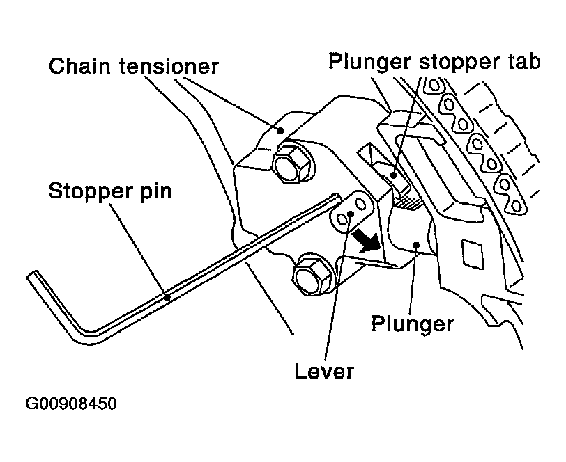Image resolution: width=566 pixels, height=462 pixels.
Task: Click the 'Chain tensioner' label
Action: point(134,66)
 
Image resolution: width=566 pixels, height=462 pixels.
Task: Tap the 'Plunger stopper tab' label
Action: point(434,62)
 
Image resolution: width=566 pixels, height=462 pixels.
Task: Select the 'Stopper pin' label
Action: point(109,191)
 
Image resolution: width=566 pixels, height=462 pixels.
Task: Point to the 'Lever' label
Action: point(324,371)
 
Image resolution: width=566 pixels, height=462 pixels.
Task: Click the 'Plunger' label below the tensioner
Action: point(412,324)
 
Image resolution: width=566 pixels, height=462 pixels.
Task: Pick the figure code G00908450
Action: point(71,404)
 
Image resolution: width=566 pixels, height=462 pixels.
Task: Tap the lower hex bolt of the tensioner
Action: point(313,275)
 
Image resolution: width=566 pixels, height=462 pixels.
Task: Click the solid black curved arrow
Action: point(366,241)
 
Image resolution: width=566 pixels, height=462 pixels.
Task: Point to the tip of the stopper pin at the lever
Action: point(337,197)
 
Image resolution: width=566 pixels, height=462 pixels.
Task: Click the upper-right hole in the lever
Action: point(360,205)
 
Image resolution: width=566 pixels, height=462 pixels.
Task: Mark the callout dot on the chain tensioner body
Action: point(280,130)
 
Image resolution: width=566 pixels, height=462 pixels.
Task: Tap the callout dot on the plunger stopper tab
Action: point(393,175)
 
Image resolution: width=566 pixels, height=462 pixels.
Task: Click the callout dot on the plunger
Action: point(417,245)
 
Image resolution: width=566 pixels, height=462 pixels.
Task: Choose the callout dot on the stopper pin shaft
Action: point(167,298)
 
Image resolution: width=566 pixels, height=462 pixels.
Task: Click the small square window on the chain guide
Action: point(472,254)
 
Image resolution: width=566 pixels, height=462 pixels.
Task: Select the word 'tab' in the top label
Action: point(524,61)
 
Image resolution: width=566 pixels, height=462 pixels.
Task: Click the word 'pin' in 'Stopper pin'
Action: point(157,191)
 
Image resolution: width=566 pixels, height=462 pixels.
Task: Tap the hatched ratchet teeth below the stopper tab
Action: point(408,204)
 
